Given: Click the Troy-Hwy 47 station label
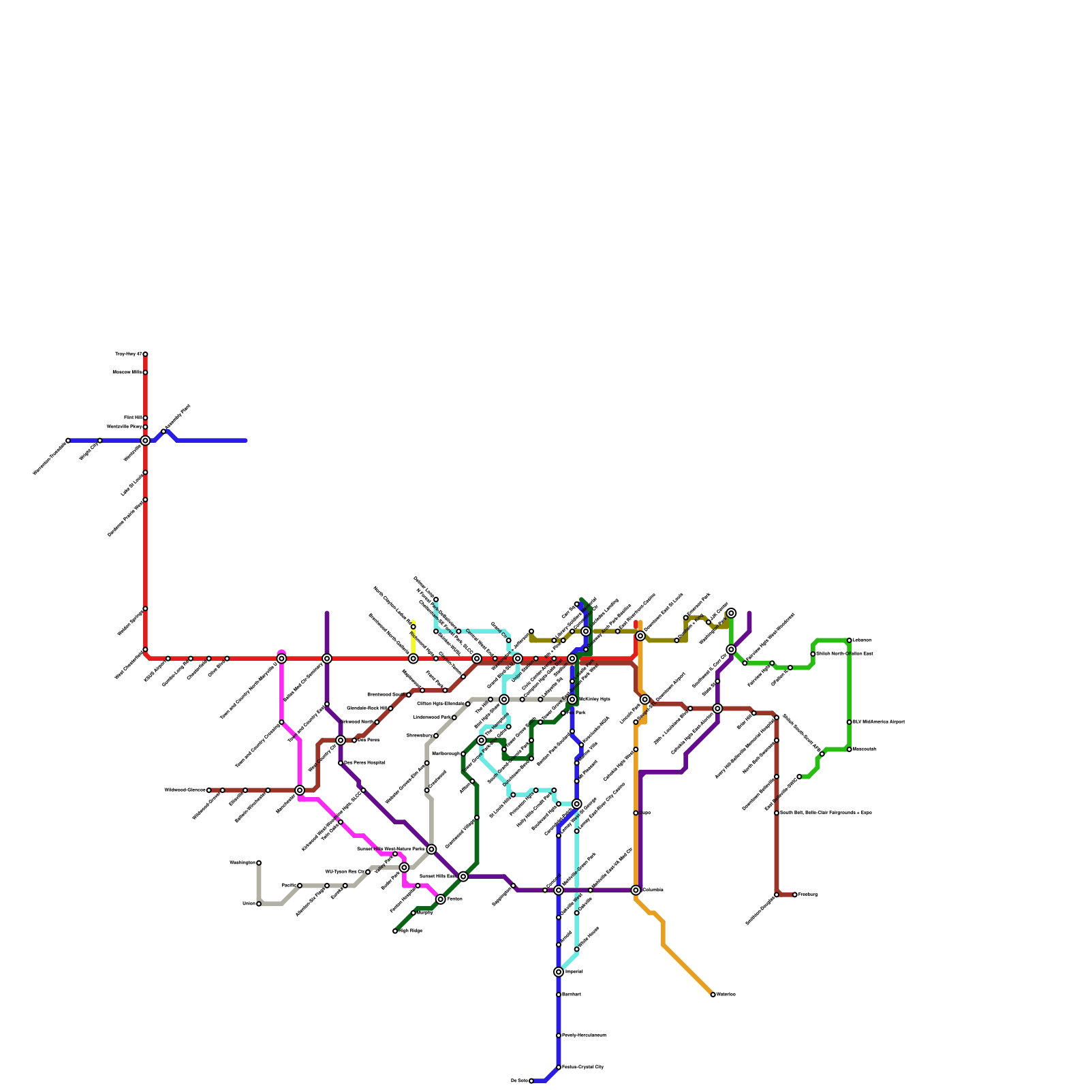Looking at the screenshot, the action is (x=128, y=354).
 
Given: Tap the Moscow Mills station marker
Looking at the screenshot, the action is (x=145, y=373).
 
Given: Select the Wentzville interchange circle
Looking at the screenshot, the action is (x=145, y=441).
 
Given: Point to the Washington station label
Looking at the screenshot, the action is (x=242, y=863).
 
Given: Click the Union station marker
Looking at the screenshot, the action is (x=259, y=904).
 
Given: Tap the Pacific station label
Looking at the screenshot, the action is (x=288, y=886).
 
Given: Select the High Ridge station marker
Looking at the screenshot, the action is (x=395, y=931).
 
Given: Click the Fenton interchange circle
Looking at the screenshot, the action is (x=441, y=899).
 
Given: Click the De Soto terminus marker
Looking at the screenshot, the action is (x=531, y=1081).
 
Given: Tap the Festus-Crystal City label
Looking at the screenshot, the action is (x=582, y=1068).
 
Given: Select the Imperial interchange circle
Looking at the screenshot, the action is (x=559, y=972).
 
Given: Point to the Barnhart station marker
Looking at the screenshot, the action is (x=559, y=995).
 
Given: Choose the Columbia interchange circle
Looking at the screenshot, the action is (x=636, y=890).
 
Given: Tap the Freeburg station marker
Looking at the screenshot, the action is (x=795, y=894).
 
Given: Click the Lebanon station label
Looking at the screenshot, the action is (x=862, y=640).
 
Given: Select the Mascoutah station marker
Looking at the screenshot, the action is (x=850, y=749).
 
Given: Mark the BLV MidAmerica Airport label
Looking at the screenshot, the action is (x=879, y=722).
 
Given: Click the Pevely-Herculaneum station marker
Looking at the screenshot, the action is (x=559, y=1035).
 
